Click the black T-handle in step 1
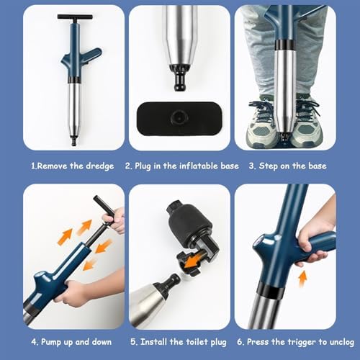[x=75, y=17]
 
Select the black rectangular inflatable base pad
[x=179, y=119]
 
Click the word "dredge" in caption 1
[x=100, y=166]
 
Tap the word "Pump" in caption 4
[x=51, y=342]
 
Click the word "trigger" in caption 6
[x=296, y=342]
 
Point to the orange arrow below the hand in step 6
[x=303, y=279]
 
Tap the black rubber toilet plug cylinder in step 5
[x=190, y=222]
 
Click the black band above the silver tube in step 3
[x=284, y=45]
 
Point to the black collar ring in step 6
[x=269, y=288]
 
